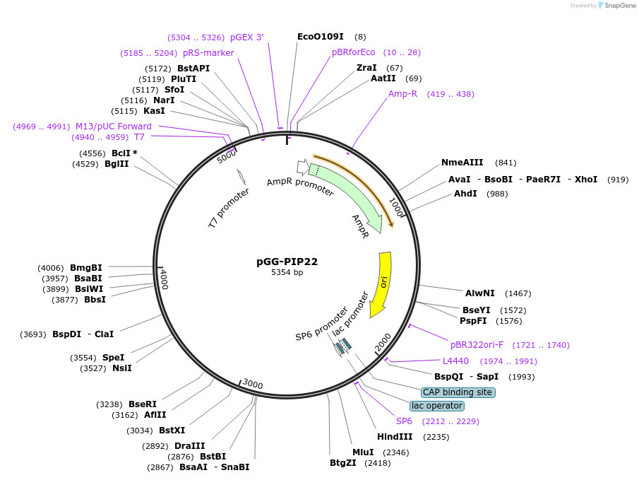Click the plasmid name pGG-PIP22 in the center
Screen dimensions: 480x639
[x=287, y=261]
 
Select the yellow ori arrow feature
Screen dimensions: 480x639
[x=382, y=283]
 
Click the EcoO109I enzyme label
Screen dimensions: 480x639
[x=320, y=36]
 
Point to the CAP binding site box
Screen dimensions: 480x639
[x=458, y=392]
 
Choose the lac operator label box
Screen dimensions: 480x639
[x=437, y=406]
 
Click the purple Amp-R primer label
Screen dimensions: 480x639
[x=402, y=94]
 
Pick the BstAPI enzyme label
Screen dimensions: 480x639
[x=193, y=69]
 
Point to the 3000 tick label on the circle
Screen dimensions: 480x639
[x=252, y=384]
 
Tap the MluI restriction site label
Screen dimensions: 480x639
[x=363, y=452]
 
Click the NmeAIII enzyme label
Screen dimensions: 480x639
[x=462, y=163]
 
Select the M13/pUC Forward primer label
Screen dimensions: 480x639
[x=113, y=127]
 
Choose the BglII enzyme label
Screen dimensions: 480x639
[x=117, y=164]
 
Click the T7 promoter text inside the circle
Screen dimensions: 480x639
[x=228, y=208]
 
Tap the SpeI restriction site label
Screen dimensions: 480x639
[x=113, y=358]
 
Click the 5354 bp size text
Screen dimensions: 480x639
[x=287, y=272]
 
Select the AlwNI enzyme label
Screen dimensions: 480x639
[x=479, y=293]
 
